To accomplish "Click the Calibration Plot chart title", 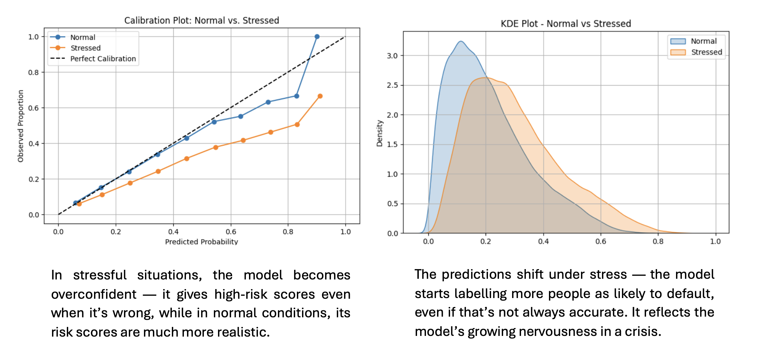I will pyautogui.click(x=201, y=21).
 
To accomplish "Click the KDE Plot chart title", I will pyautogui.click(x=565, y=24).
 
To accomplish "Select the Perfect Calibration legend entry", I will pyautogui.click(x=103, y=59).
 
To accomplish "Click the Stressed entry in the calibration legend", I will pyautogui.click(x=85, y=48).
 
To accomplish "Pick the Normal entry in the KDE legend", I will pyautogui.click(x=703, y=41).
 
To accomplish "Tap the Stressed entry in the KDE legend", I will pyautogui.click(x=706, y=52).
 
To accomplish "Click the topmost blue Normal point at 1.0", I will pyautogui.click(x=317, y=37).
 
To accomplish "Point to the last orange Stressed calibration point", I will pyautogui.click(x=320, y=96).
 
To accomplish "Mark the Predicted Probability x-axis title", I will pyautogui.click(x=201, y=242).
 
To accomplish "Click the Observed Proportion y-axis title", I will pyautogui.click(x=21, y=126).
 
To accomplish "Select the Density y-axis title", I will pyautogui.click(x=379, y=134).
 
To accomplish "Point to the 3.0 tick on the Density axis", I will pyautogui.click(x=392, y=56).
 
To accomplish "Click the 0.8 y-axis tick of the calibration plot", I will pyautogui.click(x=33, y=73).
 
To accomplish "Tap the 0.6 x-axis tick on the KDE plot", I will pyautogui.click(x=601, y=242).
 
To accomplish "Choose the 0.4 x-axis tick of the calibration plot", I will pyautogui.click(x=173, y=232).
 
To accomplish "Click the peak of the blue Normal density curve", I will pyautogui.click(x=461, y=42).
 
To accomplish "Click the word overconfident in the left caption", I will pyautogui.click(x=94, y=295).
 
